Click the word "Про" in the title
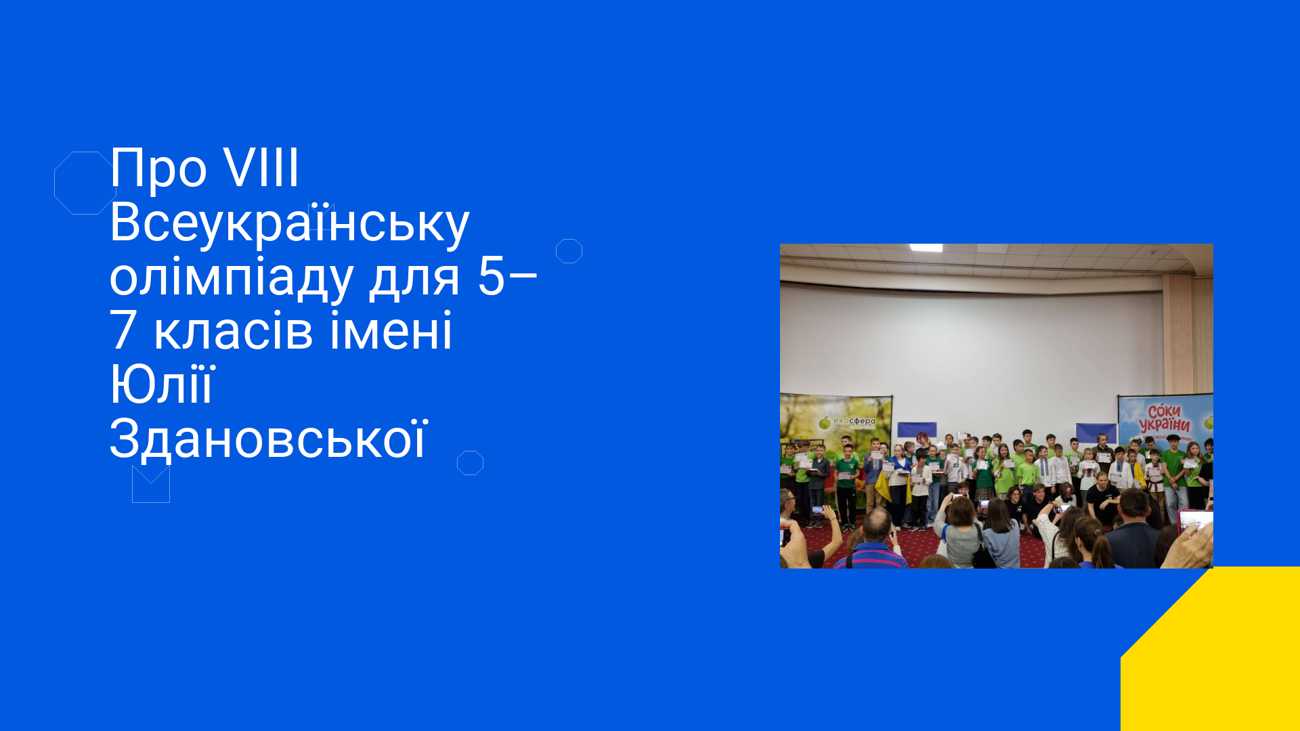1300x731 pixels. (158, 169)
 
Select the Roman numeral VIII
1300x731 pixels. (261, 167)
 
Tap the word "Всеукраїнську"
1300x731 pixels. (289, 223)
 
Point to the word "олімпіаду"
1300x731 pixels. (232, 278)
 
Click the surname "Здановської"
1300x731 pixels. (269, 439)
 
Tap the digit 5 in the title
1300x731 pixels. (491, 276)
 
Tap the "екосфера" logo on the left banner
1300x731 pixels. (847, 422)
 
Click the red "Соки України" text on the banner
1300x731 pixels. (1165, 418)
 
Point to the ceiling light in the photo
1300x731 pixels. (926, 248)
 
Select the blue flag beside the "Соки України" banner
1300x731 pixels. (1096, 433)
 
